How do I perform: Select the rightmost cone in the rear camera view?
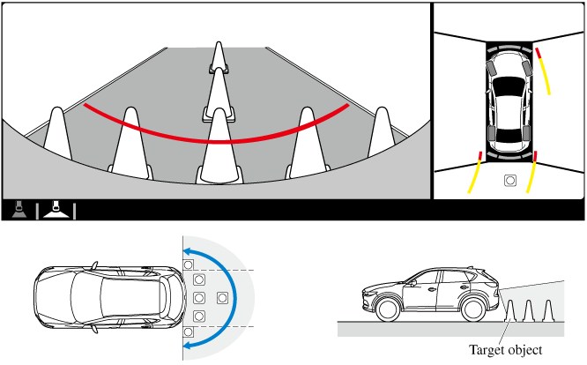pyautogui.click(x=381, y=134)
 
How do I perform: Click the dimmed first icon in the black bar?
pyautogui.click(x=18, y=210)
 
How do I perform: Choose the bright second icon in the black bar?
pyautogui.click(x=55, y=210)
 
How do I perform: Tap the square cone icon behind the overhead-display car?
pyautogui.click(x=509, y=182)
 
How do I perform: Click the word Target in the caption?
pyautogui.click(x=488, y=351)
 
